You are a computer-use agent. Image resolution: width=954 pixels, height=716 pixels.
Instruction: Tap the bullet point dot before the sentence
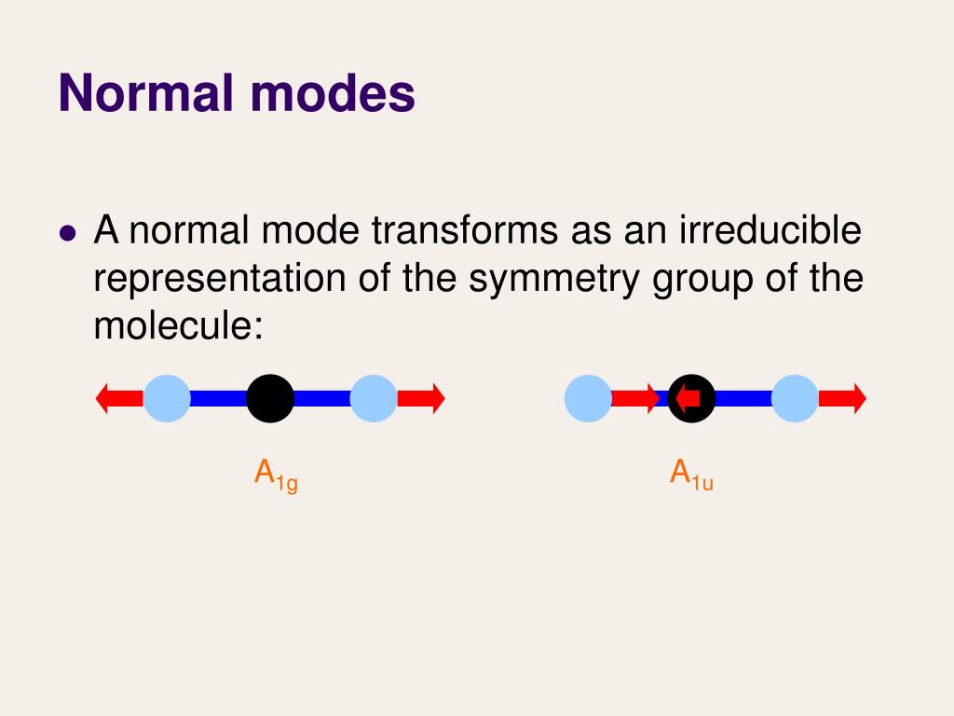click(x=67, y=233)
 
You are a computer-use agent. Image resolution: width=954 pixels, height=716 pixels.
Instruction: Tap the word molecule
click(x=172, y=326)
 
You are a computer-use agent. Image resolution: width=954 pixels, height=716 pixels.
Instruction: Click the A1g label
click(x=276, y=475)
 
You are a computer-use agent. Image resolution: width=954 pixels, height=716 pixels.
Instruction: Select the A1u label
click(x=691, y=475)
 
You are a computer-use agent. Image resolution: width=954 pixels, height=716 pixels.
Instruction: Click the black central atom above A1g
click(x=270, y=399)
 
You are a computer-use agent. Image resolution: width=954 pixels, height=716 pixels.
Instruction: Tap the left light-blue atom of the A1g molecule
click(x=168, y=399)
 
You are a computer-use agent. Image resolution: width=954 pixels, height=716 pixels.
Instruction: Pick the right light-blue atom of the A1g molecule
click(x=374, y=399)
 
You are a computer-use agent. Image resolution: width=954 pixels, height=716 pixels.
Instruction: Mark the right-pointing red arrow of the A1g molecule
click(x=422, y=399)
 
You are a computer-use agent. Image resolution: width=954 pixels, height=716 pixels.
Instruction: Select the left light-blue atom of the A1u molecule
click(x=588, y=399)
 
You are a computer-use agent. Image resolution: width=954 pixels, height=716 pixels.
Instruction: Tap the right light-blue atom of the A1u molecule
click(x=795, y=399)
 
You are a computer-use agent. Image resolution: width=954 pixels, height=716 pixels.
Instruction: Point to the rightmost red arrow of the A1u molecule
click(x=843, y=399)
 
